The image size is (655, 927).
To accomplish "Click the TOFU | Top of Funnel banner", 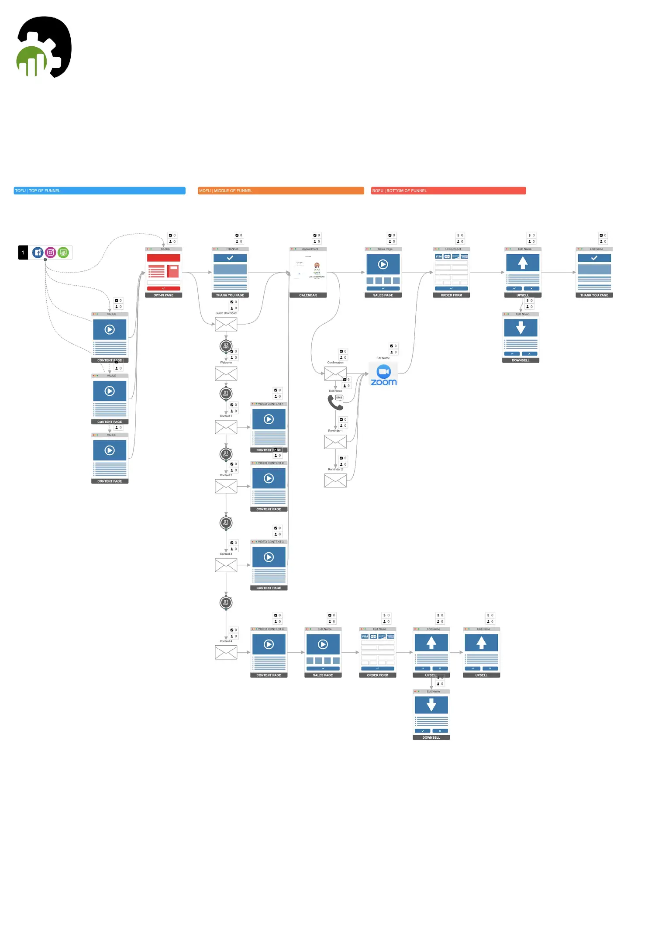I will point(100,190).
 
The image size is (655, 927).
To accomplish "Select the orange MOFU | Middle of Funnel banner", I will point(281,190).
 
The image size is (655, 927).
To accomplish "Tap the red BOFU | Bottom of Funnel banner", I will point(448,190).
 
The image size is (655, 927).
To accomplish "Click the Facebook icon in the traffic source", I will point(38,253).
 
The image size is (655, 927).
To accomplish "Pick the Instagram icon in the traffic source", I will point(51,253).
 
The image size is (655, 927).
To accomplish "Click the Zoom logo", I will point(383,375).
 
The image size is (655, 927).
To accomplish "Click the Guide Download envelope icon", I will point(226,325).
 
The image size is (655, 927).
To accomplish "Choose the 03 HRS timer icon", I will point(226,346).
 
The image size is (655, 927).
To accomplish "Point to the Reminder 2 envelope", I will point(335,481).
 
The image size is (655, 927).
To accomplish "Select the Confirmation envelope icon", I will point(335,374).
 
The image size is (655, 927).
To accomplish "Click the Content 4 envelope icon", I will point(226,653).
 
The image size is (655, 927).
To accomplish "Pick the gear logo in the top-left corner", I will point(44,47).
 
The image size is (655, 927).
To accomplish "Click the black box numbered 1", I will point(23,253).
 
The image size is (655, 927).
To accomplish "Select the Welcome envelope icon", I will point(226,374).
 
